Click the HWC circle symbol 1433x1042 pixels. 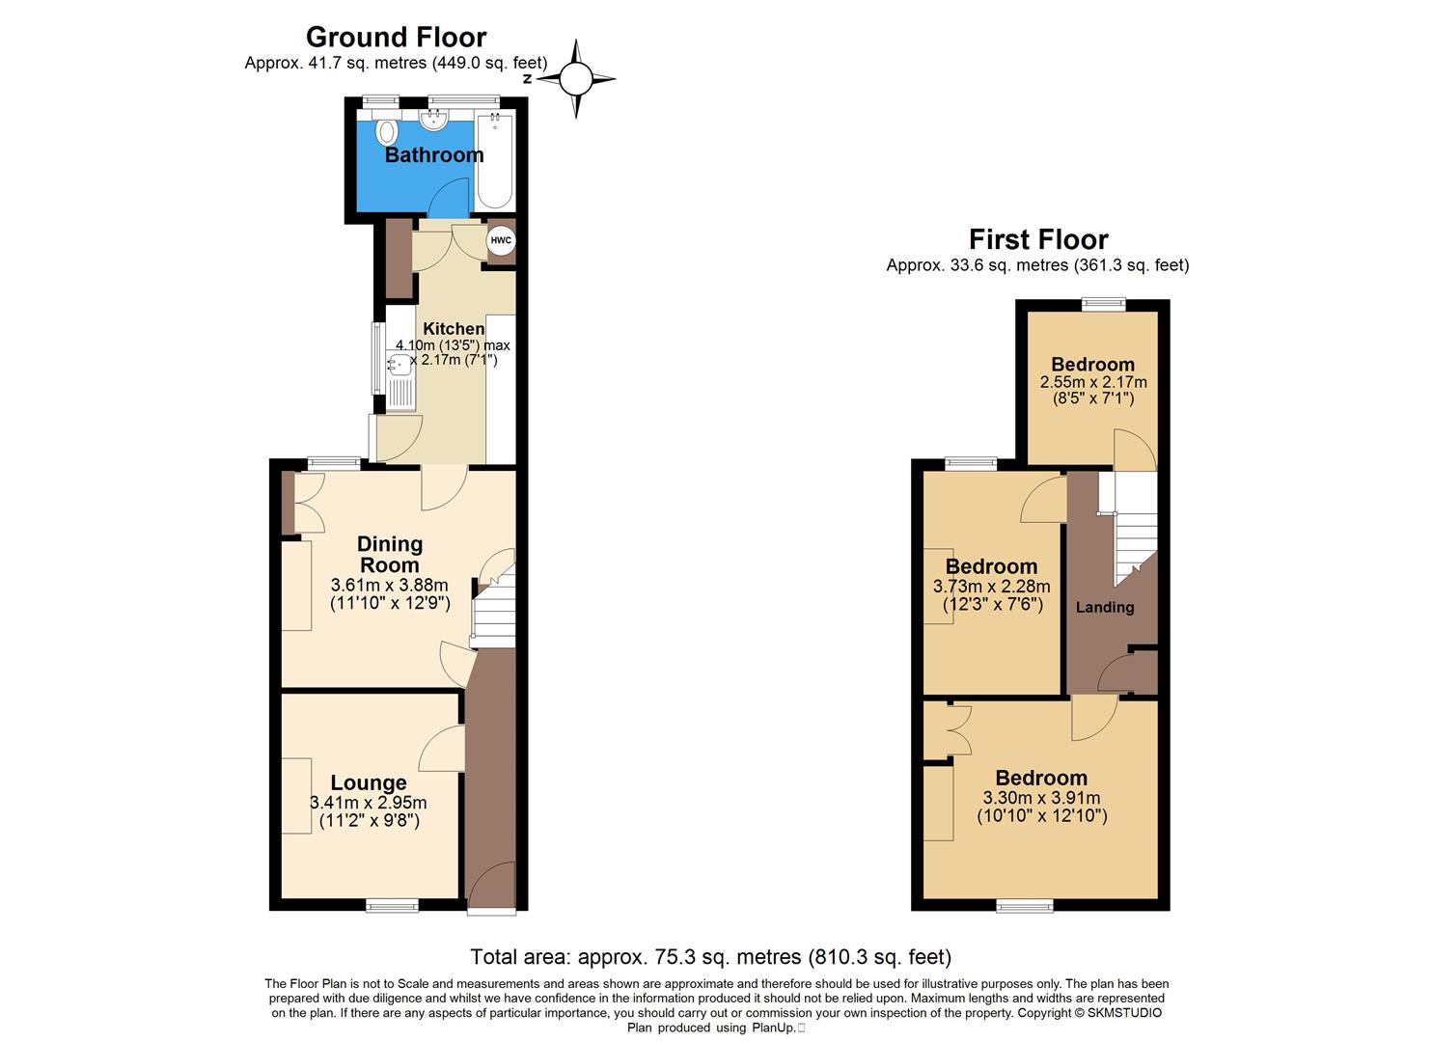(x=501, y=240)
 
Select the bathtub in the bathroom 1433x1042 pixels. (x=495, y=161)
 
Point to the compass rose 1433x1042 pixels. (x=576, y=79)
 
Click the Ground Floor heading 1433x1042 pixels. (x=396, y=38)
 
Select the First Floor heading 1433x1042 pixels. (x=1038, y=239)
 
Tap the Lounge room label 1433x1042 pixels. (x=368, y=782)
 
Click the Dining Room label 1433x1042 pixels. (x=390, y=555)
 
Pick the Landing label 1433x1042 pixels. (x=1105, y=607)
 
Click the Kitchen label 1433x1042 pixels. (x=454, y=328)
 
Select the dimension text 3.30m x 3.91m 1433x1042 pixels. (x=1041, y=798)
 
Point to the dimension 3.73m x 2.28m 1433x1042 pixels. (x=991, y=587)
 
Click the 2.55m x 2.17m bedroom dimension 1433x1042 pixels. (x=1092, y=382)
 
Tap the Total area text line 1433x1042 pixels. (x=710, y=957)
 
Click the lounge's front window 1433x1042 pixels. (x=392, y=905)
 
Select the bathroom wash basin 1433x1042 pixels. (x=435, y=120)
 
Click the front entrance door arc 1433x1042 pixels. (x=490, y=888)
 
